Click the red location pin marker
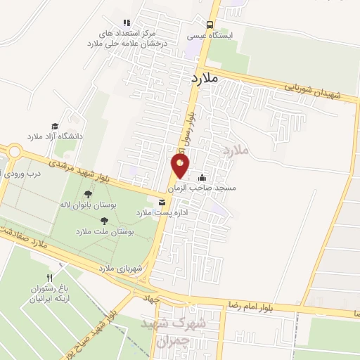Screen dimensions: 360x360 pos(180,167)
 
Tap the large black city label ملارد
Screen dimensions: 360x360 pos(205,79)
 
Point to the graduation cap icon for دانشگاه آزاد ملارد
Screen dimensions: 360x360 pos(54,127)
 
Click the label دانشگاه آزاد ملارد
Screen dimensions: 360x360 pos(54,136)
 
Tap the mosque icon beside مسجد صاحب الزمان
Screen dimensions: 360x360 pos(203,178)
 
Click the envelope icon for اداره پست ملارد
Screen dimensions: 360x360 pos(162,202)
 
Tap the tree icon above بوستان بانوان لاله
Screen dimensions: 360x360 pos(88,195)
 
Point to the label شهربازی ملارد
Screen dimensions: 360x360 pos(122,268)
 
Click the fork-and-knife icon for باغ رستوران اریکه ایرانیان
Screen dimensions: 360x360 pos(49,278)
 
